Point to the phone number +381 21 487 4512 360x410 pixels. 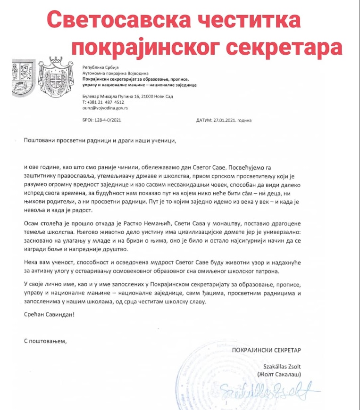[x=106, y=102]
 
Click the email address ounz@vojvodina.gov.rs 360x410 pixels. [x=105, y=108]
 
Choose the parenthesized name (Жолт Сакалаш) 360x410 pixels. [x=279, y=375]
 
